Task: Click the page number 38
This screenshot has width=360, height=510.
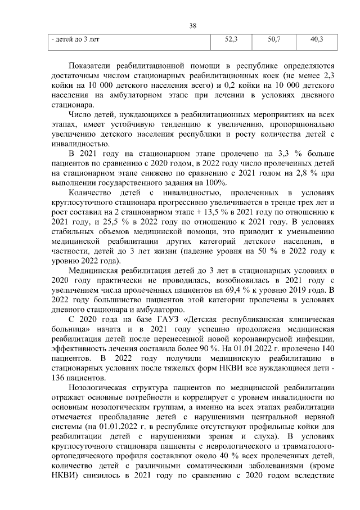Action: coord(192,25)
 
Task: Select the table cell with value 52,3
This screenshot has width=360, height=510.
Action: coord(231,40)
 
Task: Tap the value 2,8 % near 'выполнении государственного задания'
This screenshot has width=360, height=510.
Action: coord(313,173)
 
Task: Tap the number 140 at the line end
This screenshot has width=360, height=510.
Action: coord(329,348)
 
